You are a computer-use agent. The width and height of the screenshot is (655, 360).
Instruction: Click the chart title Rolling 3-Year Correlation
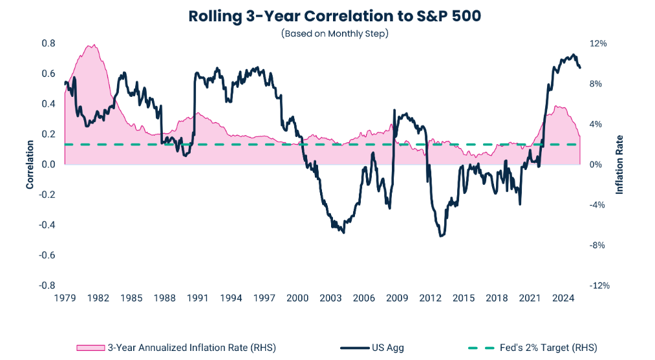pyautogui.click(x=334, y=16)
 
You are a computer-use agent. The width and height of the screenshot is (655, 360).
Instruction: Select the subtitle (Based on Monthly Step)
pyautogui.click(x=334, y=34)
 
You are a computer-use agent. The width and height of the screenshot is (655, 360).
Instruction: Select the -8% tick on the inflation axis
pyautogui.click(x=599, y=245)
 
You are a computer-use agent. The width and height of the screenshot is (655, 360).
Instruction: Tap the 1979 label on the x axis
pyautogui.click(x=65, y=298)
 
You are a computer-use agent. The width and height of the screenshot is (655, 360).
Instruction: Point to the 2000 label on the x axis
pyautogui.click(x=297, y=298)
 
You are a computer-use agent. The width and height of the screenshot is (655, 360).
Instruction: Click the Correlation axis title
pyautogui.click(x=30, y=165)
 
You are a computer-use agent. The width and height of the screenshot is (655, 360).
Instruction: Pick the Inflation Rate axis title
pyautogui.click(x=619, y=165)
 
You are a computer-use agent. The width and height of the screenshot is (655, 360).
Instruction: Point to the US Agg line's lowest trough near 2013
pyautogui.click(x=442, y=236)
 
